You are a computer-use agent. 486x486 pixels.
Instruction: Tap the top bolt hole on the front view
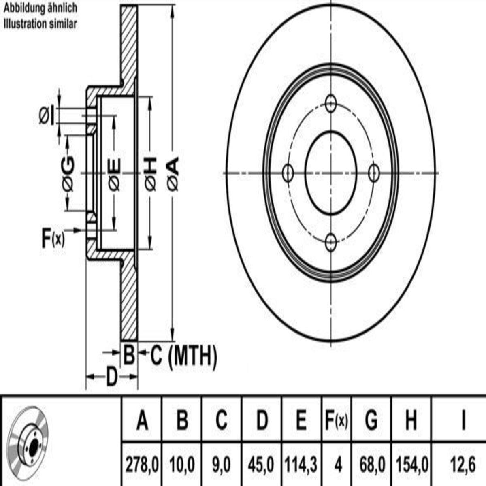pyautogui.click(x=330, y=103)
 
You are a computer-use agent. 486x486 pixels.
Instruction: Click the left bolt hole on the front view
pyautogui.click(x=288, y=173)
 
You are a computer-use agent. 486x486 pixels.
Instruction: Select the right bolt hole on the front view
pyautogui.click(x=374, y=173)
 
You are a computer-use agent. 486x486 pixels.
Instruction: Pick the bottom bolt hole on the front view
pyautogui.click(x=330, y=243)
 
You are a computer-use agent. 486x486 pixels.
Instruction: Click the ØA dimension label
pyautogui.click(x=173, y=174)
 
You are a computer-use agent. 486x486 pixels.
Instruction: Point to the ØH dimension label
pyautogui.click(x=151, y=174)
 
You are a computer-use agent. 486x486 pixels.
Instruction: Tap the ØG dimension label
pyautogui.click(x=68, y=174)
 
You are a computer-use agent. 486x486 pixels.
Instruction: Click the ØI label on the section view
pyautogui.click(x=47, y=116)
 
